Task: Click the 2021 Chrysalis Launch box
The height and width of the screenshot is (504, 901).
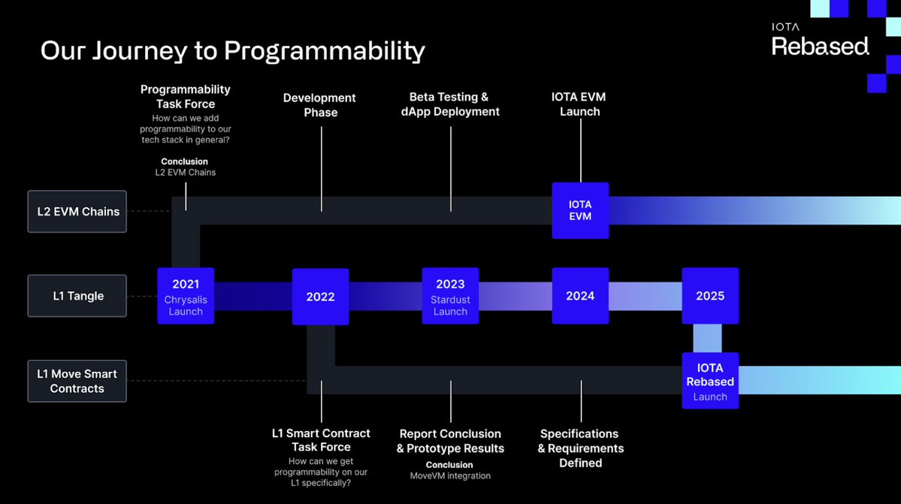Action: coord(186,296)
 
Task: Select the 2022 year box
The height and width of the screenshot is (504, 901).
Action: coord(320,297)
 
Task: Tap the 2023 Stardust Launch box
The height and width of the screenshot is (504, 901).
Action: coord(450,296)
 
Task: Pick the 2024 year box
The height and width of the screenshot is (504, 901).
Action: coord(580,296)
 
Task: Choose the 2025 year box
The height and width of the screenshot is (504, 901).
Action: coord(710,296)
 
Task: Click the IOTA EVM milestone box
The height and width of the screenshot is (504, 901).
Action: coord(580,210)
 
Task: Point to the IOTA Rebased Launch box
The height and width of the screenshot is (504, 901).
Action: coord(710,381)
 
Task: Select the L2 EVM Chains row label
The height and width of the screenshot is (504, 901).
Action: coord(78,212)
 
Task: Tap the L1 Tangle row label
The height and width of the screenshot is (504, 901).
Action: coord(78,296)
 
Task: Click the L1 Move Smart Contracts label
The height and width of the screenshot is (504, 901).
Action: coord(77,381)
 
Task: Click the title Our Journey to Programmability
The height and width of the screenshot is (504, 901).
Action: coord(232,50)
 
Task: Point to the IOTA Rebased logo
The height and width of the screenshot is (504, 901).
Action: coord(820,41)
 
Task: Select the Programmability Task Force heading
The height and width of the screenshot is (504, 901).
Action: coord(186,96)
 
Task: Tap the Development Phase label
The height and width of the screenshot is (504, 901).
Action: coord(320,105)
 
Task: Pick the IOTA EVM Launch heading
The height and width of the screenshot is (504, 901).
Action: coord(579,104)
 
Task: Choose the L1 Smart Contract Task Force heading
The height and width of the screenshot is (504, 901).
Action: coord(321,440)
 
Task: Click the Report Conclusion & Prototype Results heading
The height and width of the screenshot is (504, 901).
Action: coord(450,441)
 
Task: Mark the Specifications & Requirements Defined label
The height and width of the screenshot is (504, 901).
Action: coord(580,448)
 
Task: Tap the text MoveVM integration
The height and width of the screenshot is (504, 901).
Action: coord(450,475)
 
